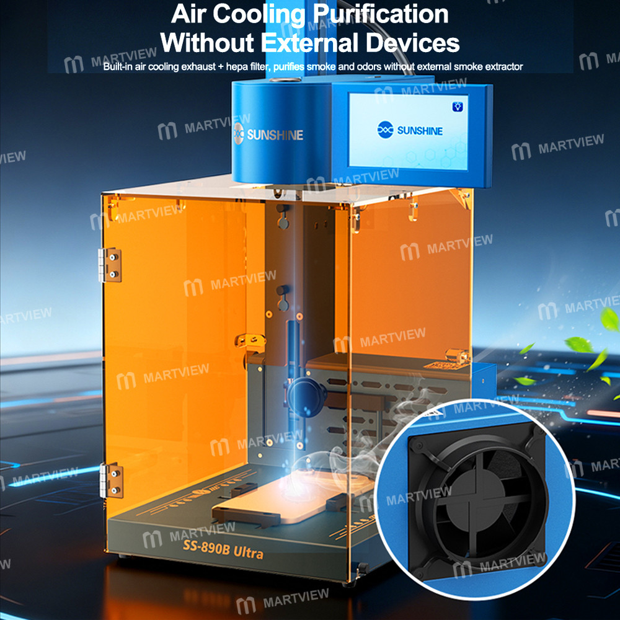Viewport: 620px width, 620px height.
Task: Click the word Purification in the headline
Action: tap(381, 14)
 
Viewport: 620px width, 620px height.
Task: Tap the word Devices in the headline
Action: tap(412, 43)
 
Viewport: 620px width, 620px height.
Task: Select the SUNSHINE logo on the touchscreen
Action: tap(410, 130)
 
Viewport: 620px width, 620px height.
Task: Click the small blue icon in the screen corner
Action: tap(458, 107)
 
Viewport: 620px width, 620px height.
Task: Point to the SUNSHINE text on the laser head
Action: tap(275, 135)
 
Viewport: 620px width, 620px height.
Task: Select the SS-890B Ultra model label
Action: tap(223, 549)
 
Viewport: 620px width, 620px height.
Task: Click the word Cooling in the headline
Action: tap(259, 15)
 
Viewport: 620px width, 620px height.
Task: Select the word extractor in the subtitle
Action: tap(505, 67)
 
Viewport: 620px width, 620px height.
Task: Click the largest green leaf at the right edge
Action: tap(609, 319)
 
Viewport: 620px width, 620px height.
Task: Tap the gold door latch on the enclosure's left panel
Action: tap(249, 341)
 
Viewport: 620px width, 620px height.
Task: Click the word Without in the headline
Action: tap(207, 43)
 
